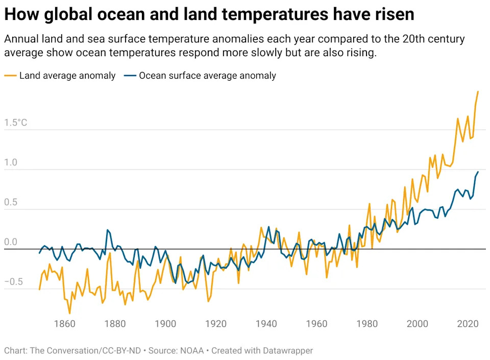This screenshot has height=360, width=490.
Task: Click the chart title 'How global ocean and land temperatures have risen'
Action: pos(209,14)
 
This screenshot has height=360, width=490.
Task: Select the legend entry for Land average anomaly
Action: pos(67,76)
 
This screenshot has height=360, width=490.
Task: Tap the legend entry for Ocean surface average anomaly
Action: pos(207,76)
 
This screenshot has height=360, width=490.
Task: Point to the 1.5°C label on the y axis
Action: pos(16,123)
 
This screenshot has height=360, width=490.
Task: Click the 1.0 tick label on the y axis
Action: pos(11,163)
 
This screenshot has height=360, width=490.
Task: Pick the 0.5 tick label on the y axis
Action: pos(11,203)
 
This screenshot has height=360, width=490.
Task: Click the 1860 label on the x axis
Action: pos(64,324)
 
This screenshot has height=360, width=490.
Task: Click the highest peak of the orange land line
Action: pos(478,91)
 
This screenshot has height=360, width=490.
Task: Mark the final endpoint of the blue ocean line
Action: pos(478,172)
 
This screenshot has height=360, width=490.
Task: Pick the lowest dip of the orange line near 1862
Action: pos(69,313)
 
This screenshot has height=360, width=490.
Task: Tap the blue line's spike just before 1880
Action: pos(108,230)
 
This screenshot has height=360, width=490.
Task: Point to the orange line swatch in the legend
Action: pos(10,76)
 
